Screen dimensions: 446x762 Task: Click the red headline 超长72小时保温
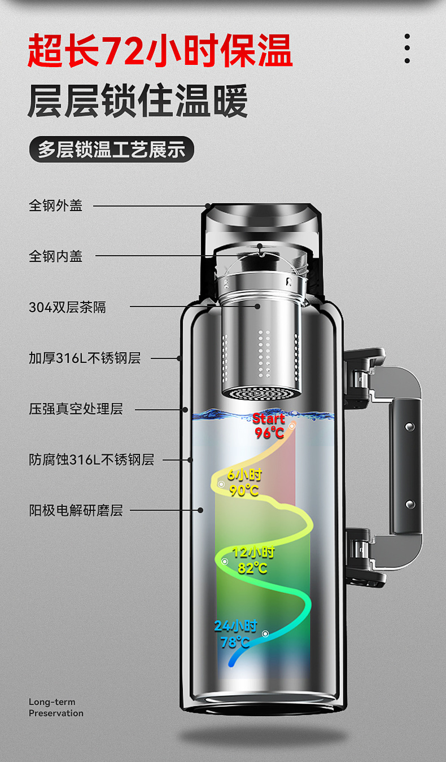pyautogui.click(x=160, y=51)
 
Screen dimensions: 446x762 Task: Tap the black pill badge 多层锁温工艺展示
pyautogui.click(x=111, y=150)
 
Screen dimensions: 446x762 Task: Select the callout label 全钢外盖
pyautogui.click(x=56, y=205)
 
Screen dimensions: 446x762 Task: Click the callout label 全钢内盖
pyautogui.click(x=56, y=256)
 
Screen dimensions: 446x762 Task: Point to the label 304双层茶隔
pyautogui.click(x=67, y=308)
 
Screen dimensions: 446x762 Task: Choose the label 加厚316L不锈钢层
pyautogui.click(x=85, y=358)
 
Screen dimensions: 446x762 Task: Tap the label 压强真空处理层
pyautogui.click(x=76, y=409)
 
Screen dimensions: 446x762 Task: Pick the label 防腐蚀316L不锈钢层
pyautogui.click(x=91, y=459)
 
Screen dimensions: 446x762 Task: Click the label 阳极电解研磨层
pyautogui.click(x=76, y=511)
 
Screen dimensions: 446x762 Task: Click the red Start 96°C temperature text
pyautogui.click(x=269, y=426)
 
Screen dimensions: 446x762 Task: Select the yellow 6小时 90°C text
pyautogui.click(x=244, y=483)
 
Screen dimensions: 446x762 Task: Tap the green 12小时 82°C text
pyautogui.click(x=253, y=560)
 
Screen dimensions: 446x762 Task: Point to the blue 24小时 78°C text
pyautogui.click(x=235, y=634)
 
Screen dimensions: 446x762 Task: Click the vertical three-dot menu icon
pyautogui.click(x=407, y=49)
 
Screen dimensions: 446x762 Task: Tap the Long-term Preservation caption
pyautogui.click(x=56, y=707)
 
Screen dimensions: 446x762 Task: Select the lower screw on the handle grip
pyautogui.click(x=410, y=504)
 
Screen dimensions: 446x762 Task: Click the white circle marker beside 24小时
pyautogui.click(x=265, y=634)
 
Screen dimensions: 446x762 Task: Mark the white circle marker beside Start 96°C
pyautogui.click(x=292, y=426)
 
